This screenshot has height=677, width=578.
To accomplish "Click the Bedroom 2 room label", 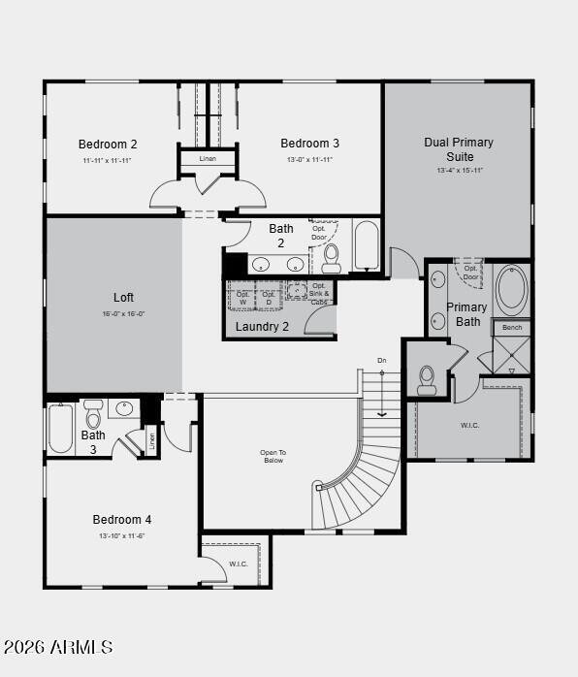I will click(x=108, y=145).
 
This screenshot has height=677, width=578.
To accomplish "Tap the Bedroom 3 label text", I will click(x=309, y=144).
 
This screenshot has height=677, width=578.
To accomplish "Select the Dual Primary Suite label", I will click(x=458, y=149).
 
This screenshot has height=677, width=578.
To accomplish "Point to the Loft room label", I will click(x=123, y=298).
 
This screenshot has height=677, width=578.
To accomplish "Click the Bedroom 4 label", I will click(x=122, y=520).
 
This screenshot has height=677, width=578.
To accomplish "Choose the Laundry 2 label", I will click(x=262, y=327).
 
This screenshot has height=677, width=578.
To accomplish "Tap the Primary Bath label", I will click(x=467, y=314).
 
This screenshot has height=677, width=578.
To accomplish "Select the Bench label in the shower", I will click(x=512, y=328).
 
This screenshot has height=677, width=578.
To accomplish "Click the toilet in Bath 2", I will click(x=332, y=256).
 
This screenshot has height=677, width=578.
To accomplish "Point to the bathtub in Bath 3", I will click(x=60, y=429).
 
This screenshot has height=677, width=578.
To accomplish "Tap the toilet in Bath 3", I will click(x=94, y=414).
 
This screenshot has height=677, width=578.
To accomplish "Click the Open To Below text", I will click(x=273, y=456).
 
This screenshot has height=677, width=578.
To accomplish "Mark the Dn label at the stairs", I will click(x=382, y=361).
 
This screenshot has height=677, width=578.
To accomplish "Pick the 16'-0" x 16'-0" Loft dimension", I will click(x=123, y=314).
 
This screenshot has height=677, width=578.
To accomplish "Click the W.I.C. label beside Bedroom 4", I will click(x=239, y=564).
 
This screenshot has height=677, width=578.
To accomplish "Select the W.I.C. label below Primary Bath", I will click(x=470, y=425).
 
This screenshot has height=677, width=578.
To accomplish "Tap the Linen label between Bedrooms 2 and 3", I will click(x=208, y=158).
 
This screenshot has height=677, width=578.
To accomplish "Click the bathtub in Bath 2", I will click(x=366, y=246).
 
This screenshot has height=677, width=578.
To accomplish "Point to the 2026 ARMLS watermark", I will click(x=58, y=647).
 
